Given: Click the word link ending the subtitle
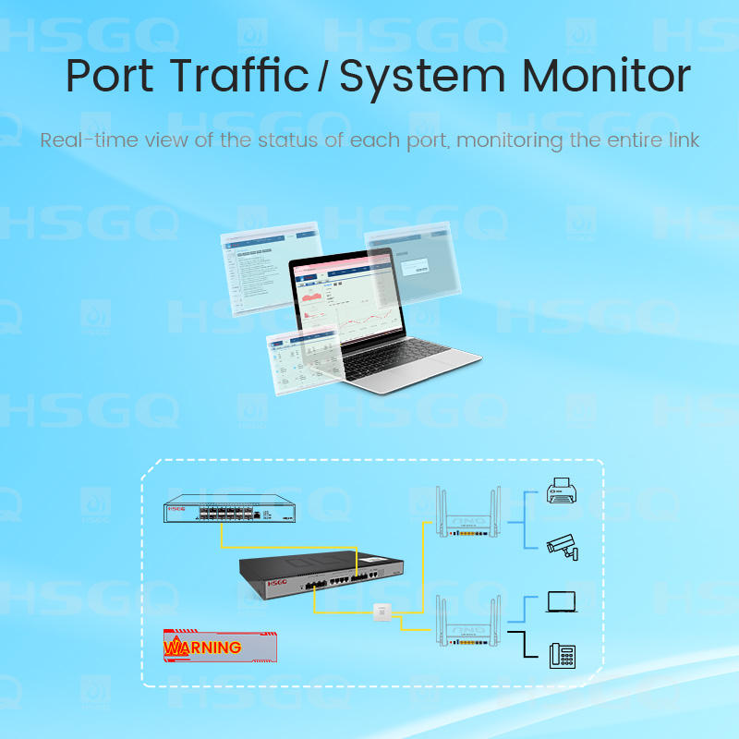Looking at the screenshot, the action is click(682, 140).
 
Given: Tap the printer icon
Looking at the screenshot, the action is click(561, 491).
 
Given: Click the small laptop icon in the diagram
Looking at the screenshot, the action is click(561, 602).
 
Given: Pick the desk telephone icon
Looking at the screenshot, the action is click(561, 655).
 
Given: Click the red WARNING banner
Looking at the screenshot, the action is click(220, 647).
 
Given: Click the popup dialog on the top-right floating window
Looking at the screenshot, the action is click(418, 266).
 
